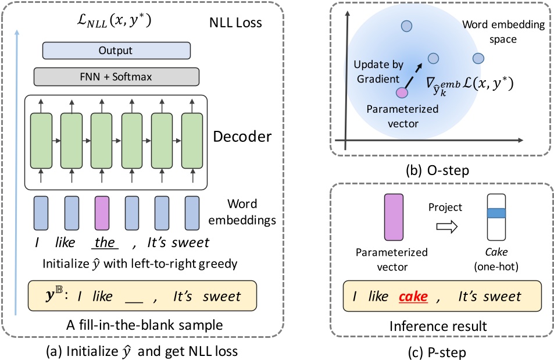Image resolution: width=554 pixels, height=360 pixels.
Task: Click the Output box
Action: (116, 51)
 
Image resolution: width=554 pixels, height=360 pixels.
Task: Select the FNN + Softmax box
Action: (116, 77)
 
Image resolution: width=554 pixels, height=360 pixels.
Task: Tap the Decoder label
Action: (242, 137)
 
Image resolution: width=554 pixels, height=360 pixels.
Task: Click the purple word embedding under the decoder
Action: (102, 213)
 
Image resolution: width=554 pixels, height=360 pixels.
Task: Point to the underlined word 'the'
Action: (105, 243)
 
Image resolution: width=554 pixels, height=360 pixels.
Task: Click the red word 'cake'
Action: (413, 297)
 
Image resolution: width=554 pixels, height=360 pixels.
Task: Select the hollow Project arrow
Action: (447, 226)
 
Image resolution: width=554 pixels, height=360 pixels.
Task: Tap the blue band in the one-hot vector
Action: (496, 213)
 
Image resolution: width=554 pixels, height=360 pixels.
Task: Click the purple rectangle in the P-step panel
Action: (394, 217)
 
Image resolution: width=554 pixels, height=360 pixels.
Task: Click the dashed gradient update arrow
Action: (413, 76)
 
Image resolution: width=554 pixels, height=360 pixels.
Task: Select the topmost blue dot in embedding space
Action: (407, 26)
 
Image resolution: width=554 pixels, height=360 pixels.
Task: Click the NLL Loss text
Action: (235, 23)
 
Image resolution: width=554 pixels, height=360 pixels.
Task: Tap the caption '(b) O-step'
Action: (437, 170)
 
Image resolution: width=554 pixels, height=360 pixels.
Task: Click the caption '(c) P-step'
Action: (437, 352)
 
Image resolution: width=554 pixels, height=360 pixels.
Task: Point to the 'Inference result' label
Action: (438, 326)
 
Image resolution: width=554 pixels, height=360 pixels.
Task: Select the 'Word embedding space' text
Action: (503, 31)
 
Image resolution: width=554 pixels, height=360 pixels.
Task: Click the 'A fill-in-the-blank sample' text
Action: (145, 325)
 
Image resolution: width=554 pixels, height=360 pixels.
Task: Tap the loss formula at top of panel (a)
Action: (114, 20)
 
